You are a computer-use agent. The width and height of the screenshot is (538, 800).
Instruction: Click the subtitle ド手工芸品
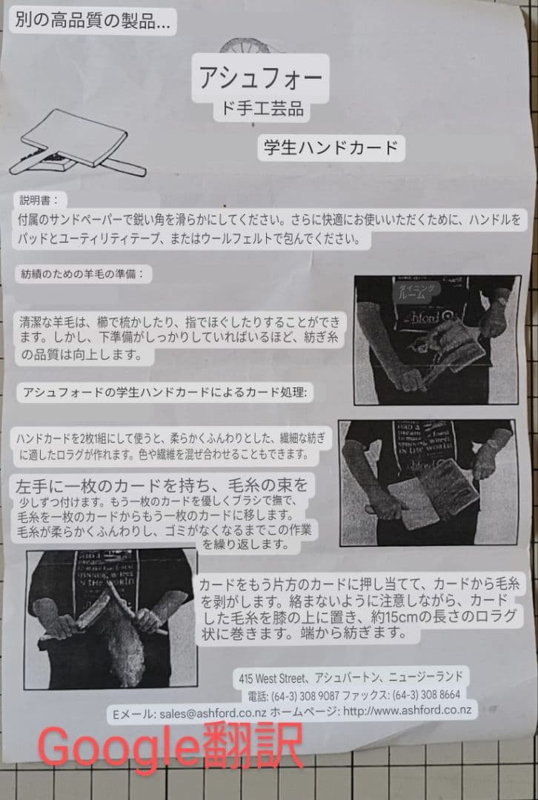click(258, 110)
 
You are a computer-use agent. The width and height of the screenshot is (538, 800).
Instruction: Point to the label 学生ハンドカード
click(331, 147)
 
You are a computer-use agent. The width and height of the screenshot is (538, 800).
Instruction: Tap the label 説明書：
click(43, 200)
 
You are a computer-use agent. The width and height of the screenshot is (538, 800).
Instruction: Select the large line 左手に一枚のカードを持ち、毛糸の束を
click(160, 486)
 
